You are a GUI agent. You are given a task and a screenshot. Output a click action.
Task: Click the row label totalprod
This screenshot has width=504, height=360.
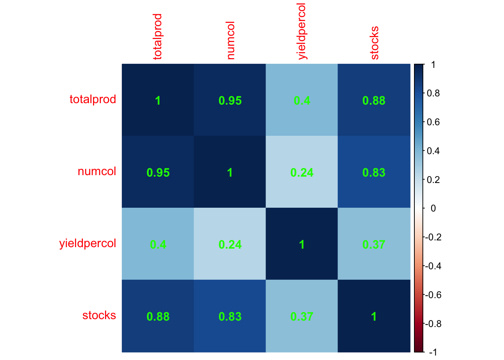point(93,100)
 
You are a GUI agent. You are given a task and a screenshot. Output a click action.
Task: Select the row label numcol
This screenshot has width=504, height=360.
point(97,172)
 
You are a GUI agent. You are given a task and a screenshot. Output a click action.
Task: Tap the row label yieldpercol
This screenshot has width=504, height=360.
point(87,244)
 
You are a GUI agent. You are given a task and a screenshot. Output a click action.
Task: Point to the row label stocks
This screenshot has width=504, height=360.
point(99,316)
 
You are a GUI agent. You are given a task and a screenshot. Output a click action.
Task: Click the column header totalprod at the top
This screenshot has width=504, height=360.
point(158,37)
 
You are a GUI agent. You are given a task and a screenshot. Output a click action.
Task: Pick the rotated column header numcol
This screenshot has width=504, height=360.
point(230,40)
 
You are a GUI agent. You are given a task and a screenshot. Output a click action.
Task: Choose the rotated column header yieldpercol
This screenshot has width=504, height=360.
point(302,31)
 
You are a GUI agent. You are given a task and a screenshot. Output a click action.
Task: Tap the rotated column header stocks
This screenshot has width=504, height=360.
point(374,43)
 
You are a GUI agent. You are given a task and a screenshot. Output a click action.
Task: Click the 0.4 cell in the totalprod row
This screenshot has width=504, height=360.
point(302,100)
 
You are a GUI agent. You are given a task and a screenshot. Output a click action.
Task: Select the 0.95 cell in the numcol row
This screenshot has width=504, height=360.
point(158,172)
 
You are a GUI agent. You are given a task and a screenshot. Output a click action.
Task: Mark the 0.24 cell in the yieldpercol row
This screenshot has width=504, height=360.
point(230,244)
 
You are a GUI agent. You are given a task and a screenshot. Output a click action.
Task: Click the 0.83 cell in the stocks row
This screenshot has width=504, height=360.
point(230,316)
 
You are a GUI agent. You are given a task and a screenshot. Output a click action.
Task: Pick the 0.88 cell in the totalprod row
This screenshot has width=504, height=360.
point(374,100)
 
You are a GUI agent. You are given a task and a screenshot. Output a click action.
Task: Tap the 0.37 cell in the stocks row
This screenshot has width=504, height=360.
point(302,316)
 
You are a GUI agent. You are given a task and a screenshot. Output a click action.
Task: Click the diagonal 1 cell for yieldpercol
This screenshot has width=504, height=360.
point(302,244)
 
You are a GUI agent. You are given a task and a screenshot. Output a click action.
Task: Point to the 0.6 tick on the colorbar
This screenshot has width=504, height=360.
point(433,122)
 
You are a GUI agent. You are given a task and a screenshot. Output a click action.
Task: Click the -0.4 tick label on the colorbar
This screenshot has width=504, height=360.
point(433,266)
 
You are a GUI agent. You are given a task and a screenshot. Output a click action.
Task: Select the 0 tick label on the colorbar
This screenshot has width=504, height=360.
point(433,208)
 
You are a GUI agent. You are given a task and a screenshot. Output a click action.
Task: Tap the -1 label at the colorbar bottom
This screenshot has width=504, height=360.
point(432,352)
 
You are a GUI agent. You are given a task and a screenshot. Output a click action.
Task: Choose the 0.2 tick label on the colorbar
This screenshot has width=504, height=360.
point(433,180)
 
